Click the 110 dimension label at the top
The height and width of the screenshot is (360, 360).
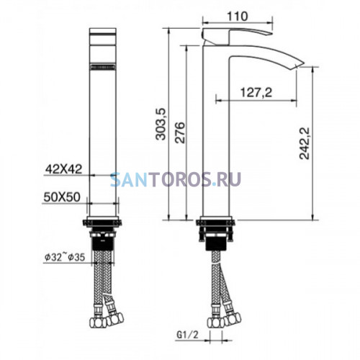click(237, 17)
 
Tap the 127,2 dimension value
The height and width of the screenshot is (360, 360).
click(256, 92)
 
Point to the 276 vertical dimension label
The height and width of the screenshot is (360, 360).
click(180, 132)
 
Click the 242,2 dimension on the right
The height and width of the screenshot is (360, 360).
click(305, 143)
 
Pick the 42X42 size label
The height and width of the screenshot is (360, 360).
click(64, 169)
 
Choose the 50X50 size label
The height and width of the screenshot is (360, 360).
click(62, 197)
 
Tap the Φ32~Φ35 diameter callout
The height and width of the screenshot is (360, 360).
click(65, 258)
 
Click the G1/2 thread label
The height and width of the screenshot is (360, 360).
click(188, 335)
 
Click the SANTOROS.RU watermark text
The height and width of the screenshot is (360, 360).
click(176, 179)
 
